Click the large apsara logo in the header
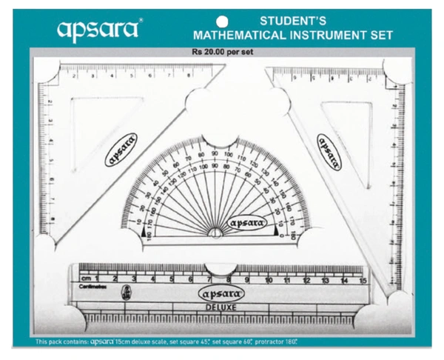(x=98, y=29)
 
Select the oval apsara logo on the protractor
(x=248, y=221)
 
